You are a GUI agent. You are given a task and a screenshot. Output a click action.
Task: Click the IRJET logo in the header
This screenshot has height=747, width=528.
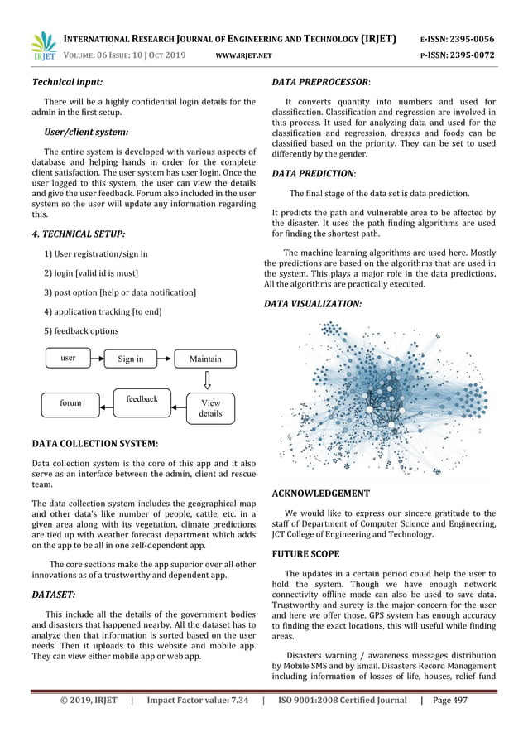click(43, 46)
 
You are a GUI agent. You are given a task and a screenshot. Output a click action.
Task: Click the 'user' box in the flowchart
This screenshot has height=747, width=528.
click(68, 359)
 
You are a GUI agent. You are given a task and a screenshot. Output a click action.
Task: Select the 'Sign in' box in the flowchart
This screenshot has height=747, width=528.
click(130, 359)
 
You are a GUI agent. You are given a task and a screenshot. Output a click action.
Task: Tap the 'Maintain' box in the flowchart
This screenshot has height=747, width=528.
click(204, 359)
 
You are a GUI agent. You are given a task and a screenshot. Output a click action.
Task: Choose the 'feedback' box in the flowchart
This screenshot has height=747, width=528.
click(142, 399)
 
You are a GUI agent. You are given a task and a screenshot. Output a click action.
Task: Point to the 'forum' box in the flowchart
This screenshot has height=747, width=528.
click(70, 403)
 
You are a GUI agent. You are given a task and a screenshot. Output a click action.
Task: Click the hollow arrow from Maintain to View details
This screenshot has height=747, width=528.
click(207, 379)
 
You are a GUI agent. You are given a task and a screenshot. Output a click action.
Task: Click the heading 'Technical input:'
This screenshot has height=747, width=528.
click(67, 82)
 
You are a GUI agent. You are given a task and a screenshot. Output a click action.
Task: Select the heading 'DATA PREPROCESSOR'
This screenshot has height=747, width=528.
click(321, 82)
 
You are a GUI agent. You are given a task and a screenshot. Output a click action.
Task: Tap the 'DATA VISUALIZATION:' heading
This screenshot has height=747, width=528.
click(312, 305)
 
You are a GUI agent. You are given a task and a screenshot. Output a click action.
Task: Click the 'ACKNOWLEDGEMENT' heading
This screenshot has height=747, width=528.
click(320, 494)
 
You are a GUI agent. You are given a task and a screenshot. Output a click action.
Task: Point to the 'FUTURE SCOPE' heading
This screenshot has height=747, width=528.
click(305, 552)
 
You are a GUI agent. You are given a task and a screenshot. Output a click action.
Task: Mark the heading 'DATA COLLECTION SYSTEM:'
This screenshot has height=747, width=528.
click(94, 444)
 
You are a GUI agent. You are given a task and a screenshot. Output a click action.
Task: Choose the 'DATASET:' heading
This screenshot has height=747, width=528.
click(53, 594)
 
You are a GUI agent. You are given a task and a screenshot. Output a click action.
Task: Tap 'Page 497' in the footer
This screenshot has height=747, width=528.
click(449, 700)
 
